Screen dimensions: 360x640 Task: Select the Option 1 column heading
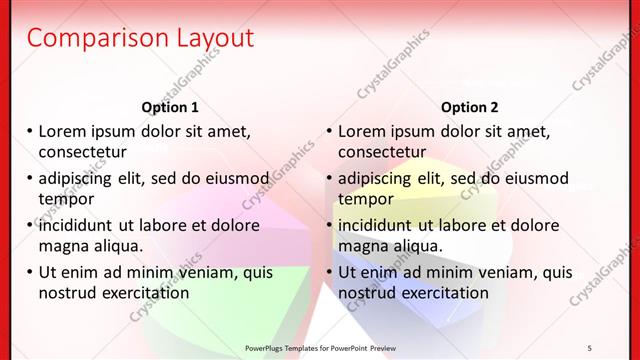[x=170, y=107]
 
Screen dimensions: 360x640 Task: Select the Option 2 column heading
[x=469, y=107]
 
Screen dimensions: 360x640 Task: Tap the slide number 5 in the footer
[x=590, y=346]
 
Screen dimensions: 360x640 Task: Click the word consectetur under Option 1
[x=82, y=152]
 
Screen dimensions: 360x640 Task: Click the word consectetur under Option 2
[x=382, y=152]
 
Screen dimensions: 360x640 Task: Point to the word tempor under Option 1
[x=65, y=198]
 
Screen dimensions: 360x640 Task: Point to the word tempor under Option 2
[x=365, y=198]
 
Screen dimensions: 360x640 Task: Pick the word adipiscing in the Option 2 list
[x=379, y=179]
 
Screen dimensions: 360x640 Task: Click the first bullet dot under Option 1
[x=30, y=131]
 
